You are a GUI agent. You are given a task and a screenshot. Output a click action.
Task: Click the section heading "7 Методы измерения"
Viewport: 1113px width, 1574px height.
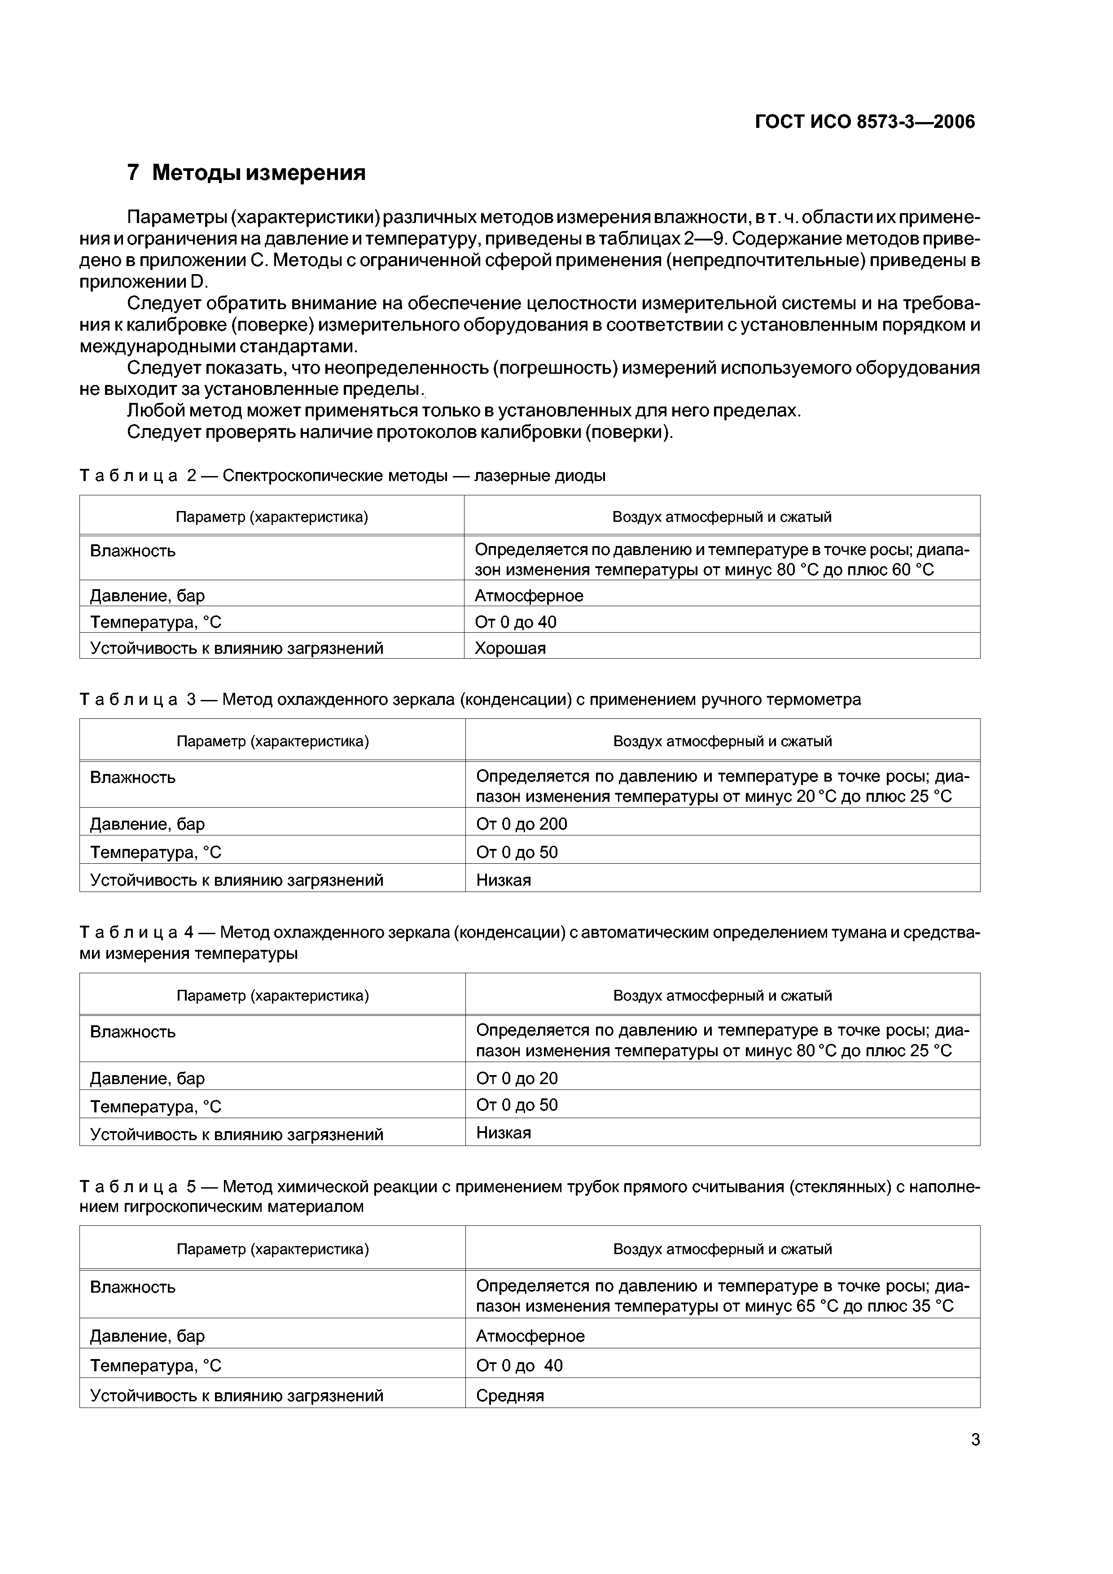(246, 173)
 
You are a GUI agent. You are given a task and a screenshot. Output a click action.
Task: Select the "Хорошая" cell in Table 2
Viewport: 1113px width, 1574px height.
(510, 648)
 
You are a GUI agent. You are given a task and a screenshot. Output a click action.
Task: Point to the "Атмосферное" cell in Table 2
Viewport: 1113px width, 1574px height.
(529, 596)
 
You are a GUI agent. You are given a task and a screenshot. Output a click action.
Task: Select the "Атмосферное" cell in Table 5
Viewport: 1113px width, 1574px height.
(530, 1336)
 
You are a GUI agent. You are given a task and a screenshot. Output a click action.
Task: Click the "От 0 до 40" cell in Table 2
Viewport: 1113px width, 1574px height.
(516, 622)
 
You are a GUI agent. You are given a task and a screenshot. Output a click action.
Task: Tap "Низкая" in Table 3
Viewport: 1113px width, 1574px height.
(504, 880)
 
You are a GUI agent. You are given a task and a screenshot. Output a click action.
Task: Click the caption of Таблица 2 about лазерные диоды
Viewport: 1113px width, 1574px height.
(343, 475)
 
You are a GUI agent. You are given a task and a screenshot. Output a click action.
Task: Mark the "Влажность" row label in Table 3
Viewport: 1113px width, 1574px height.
(132, 778)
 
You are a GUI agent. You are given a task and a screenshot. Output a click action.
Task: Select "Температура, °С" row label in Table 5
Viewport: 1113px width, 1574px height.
(156, 1366)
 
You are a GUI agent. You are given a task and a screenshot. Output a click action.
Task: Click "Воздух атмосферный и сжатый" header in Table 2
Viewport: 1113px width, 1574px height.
(721, 517)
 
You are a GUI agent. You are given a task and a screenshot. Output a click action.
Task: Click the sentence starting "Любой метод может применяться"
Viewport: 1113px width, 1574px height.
(464, 411)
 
